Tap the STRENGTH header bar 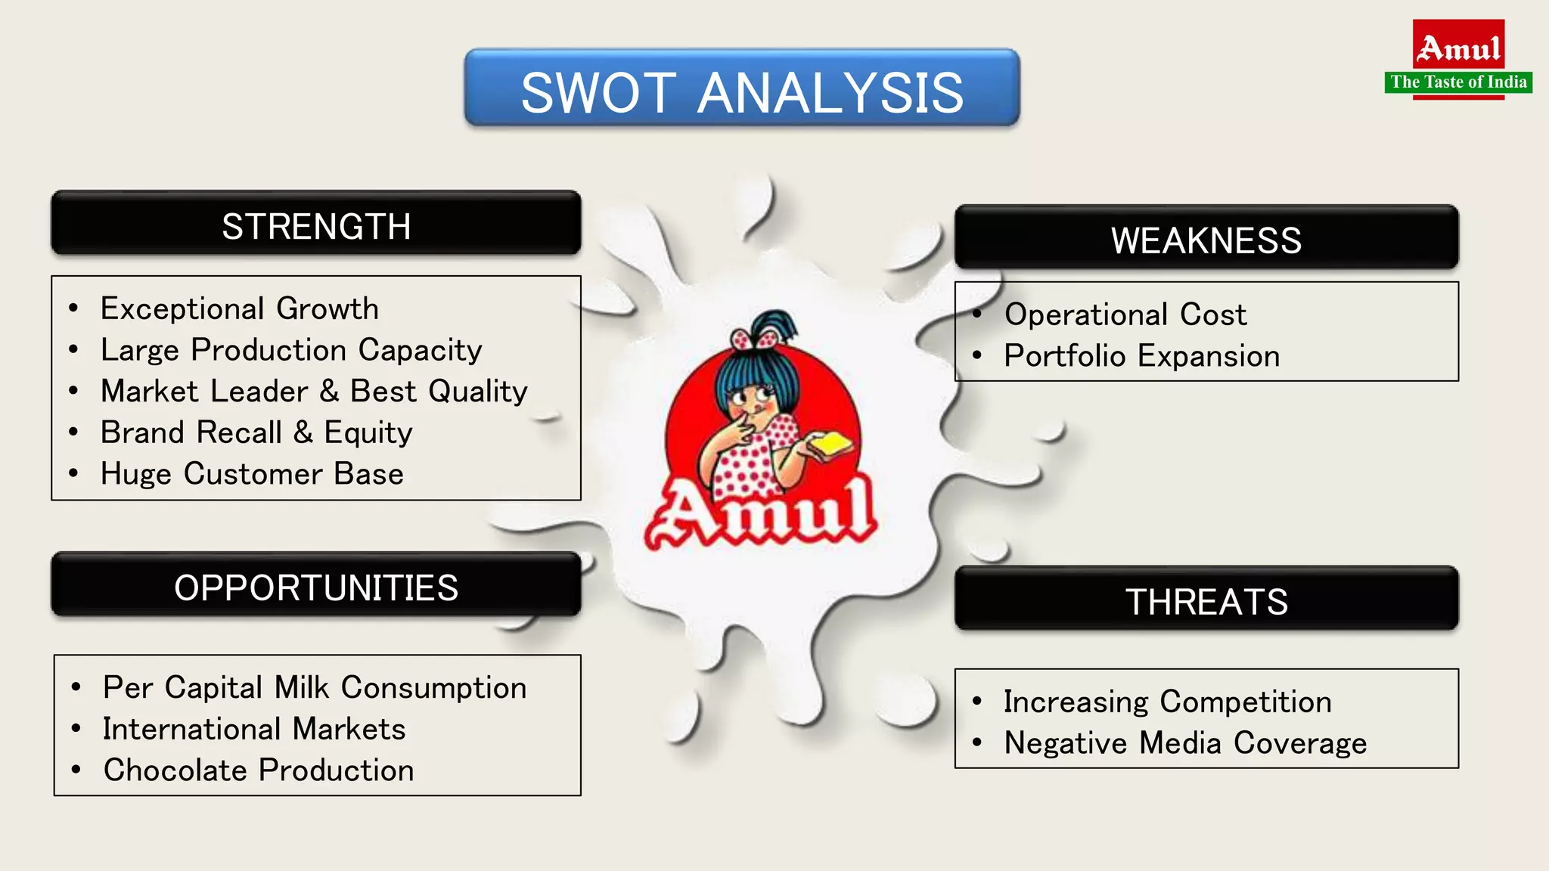tap(316, 225)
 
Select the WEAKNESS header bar tap(1206, 238)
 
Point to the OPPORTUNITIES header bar tap(316, 586)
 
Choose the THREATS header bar tap(1206, 600)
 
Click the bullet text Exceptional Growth tap(240, 308)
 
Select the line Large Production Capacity tap(291, 350)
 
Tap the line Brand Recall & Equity tap(256, 432)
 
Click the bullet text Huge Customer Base tap(252, 474)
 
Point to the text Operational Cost tap(1125, 315)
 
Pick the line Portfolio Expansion tap(1142, 356)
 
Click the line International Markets tap(254, 729)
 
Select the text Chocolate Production tap(259, 770)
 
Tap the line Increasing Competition tap(1167, 702)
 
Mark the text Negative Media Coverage tap(1185, 743)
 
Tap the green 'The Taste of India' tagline tap(1458, 82)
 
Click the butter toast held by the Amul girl tap(830, 445)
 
